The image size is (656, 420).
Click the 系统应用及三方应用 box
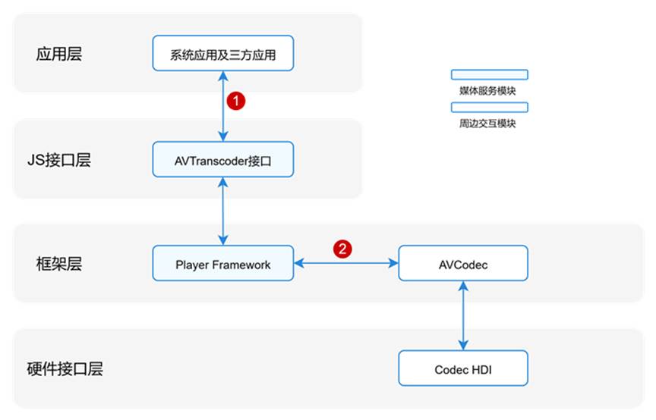222,53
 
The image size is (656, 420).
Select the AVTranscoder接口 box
222,160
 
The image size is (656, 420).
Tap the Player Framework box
222,264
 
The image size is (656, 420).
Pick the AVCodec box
463,264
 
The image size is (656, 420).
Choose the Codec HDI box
463,368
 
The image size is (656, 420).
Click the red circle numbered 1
238,99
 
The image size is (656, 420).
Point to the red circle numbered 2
343,248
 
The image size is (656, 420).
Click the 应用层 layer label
59,54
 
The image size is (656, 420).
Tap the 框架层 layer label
59,265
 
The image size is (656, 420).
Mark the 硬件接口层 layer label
70,369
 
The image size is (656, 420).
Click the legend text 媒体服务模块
488,90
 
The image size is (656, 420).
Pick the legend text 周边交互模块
488,123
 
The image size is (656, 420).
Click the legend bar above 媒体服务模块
489,75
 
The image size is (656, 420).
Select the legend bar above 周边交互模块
489,108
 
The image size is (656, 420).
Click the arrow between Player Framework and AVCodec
346,264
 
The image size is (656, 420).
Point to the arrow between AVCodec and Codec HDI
463,316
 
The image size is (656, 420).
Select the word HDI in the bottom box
481,369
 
